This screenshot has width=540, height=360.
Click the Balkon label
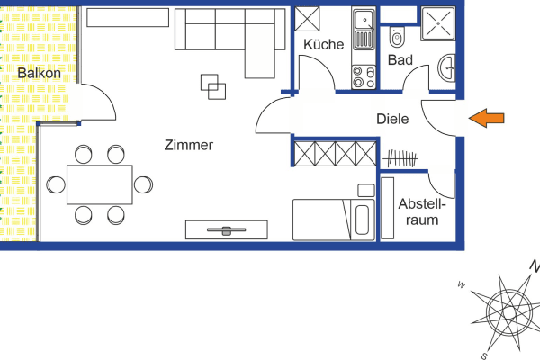[39, 73]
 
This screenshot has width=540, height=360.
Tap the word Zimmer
[189, 145]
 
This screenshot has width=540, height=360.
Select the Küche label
[323, 44]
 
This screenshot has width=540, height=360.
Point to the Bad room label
[400, 60]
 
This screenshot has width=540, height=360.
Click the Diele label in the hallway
[392, 119]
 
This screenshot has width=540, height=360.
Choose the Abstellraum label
[420, 211]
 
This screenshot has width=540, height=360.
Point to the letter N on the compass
[533, 266]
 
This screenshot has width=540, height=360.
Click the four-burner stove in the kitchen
[364, 76]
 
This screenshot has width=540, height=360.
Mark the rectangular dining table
[99, 184]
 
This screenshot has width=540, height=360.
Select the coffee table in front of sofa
[215, 87]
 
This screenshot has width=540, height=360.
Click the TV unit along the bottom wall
[226, 230]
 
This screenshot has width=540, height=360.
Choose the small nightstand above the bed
[365, 190]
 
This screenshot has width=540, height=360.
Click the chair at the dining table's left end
[56, 184]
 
